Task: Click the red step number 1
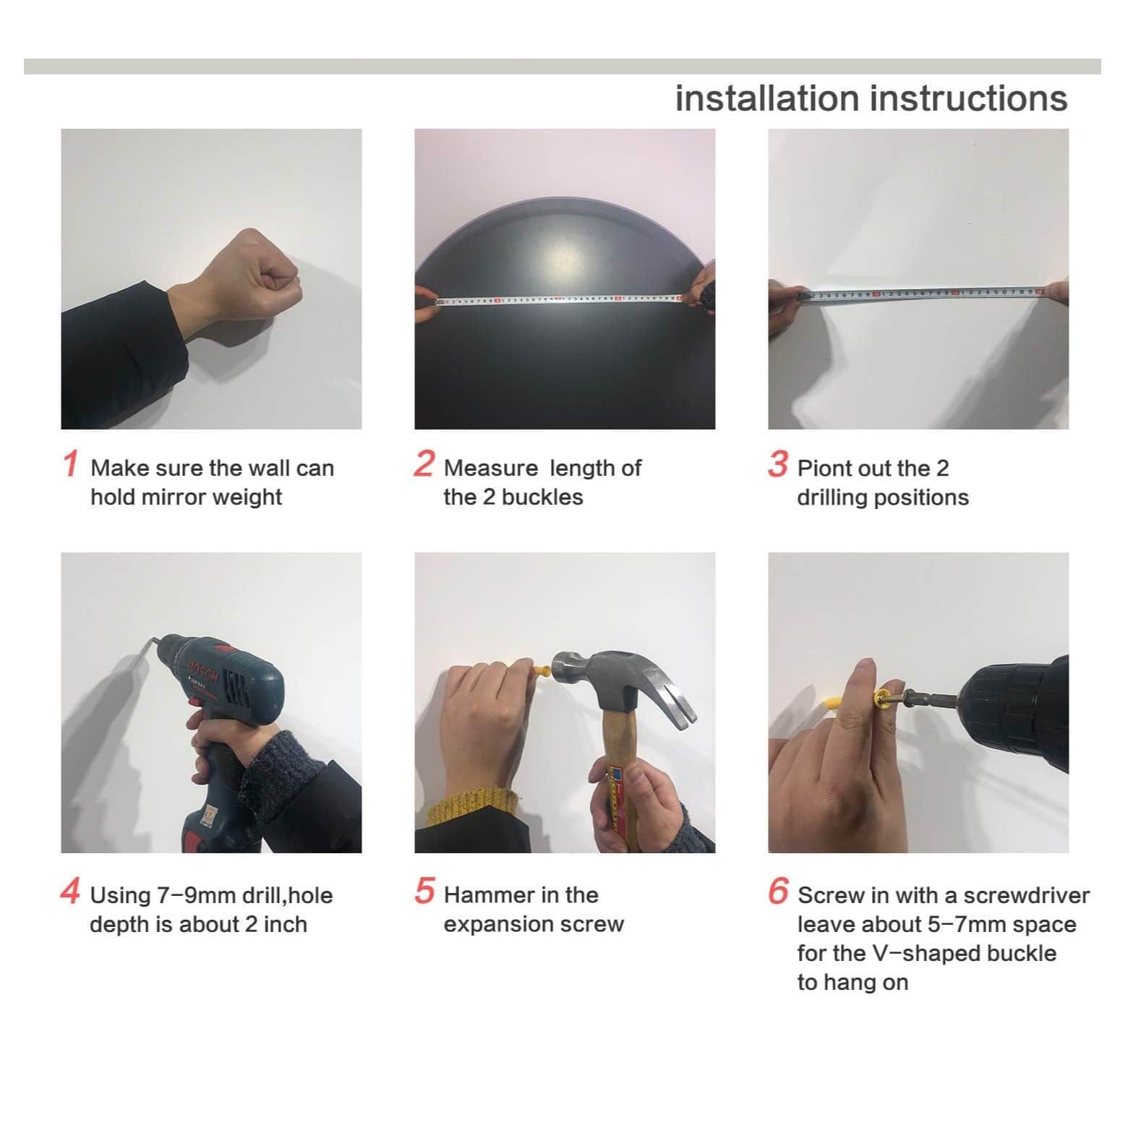70,463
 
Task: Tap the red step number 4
70,891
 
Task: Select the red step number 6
778,891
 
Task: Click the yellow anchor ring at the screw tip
882,699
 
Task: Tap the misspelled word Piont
824,469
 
